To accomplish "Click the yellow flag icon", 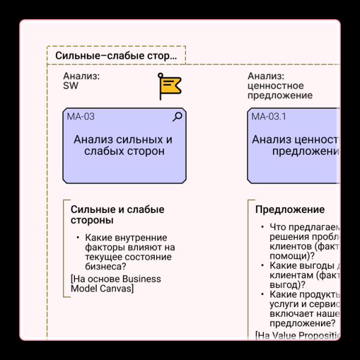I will pos(169,86).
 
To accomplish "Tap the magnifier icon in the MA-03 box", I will pos(177,117).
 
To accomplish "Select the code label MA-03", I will pos(80,117).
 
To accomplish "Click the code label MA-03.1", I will pos(268,117).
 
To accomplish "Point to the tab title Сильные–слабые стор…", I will pos(116,56).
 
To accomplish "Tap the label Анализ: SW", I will pos(82,81).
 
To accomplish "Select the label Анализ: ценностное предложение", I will pos(280,86).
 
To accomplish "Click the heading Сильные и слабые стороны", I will pos(118,215).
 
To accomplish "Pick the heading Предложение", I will pos(290,210).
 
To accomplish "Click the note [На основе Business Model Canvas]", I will pos(116,284).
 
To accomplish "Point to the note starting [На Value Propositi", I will pos(298,335).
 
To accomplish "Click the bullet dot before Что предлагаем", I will pos(262,227).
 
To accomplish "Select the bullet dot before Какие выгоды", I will pos(262,266).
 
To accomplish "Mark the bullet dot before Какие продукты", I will pos(262,295).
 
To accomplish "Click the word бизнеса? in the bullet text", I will pos(106,267).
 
